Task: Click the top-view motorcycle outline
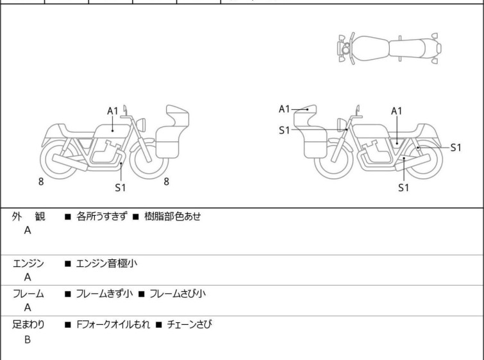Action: (x=389, y=47)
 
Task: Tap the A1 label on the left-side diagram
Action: (x=113, y=110)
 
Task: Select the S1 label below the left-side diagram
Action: (x=120, y=188)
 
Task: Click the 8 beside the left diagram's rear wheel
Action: (x=41, y=182)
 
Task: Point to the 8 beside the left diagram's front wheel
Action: (x=166, y=182)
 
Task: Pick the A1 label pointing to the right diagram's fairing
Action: (x=285, y=109)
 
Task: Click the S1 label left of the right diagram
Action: (x=284, y=130)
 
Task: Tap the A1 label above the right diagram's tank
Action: (x=397, y=111)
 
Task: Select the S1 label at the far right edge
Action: (x=456, y=148)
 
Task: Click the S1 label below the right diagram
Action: (x=403, y=188)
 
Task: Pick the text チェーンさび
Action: (x=189, y=325)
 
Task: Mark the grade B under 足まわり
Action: (x=28, y=339)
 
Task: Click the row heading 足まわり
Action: (x=28, y=325)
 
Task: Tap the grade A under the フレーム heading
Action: (x=28, y=309)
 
